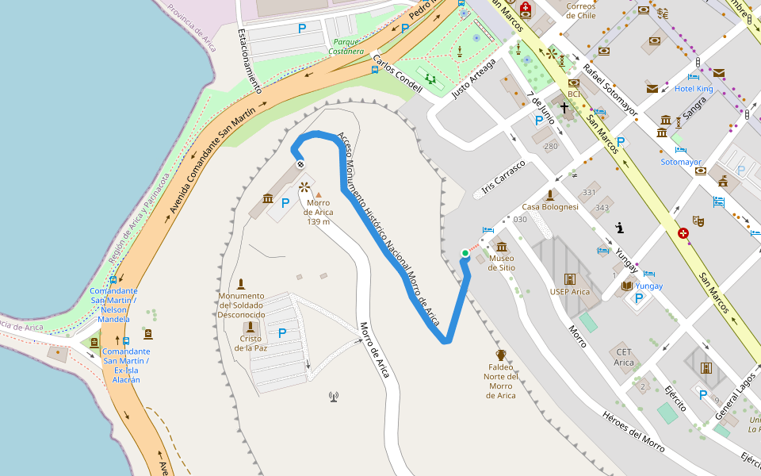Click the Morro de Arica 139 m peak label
[318, 212]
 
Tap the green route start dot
[465, 253]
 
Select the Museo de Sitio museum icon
[501, 246]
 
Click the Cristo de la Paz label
[250, 343]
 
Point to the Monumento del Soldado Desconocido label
[241, 305]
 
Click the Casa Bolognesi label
[549, 206]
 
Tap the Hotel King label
[694, 89]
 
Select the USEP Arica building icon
[569, 279]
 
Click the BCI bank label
[574, 94]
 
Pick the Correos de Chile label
[581, 10]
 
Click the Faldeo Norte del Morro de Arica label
[500, 382]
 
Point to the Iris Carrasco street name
[503, 178]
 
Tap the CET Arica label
[624, 357]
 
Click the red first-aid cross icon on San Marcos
[683, 234]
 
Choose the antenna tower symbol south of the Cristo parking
[334, 396]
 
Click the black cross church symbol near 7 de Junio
[564, 107]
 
